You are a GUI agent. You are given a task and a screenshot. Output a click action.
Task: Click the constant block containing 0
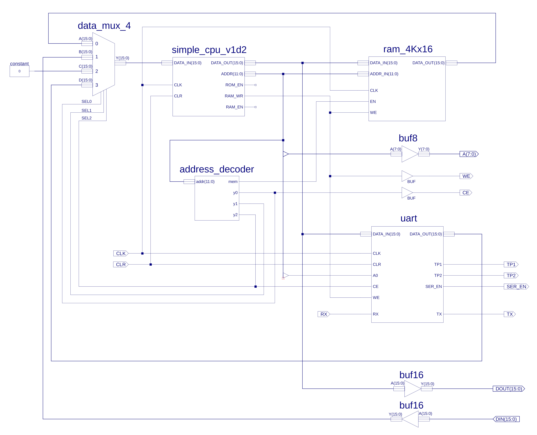(x=20, y=71)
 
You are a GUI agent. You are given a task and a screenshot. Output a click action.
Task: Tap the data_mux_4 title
(x=104, y=26)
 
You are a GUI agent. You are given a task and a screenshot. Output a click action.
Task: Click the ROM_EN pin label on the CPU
(x=234, y=85)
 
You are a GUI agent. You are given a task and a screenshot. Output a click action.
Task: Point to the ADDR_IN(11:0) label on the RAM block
(x=384, y=74)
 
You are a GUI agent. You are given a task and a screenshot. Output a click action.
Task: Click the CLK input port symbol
(x=121, y=253)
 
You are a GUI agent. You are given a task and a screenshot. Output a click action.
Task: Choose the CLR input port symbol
(x=121, y=264)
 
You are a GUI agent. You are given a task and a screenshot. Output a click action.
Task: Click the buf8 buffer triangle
(x=410, y=154)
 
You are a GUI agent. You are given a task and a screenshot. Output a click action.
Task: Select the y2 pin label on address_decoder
(x=235, y=215)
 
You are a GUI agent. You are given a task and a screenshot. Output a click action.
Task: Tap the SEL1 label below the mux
(x=86, y=111)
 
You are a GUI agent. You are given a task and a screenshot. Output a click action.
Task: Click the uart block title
(x=409, y=218)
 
